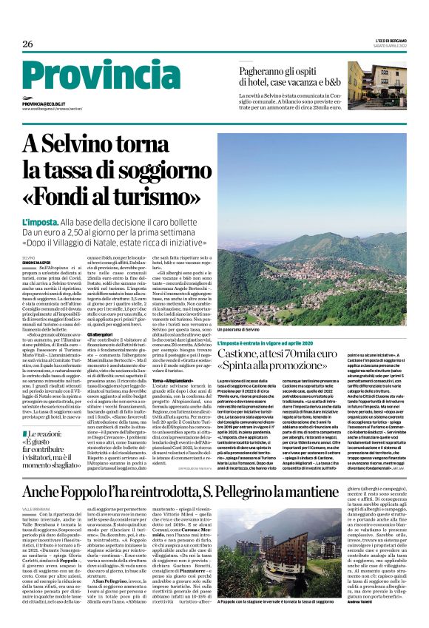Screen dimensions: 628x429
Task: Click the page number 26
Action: [x=27, y=44]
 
